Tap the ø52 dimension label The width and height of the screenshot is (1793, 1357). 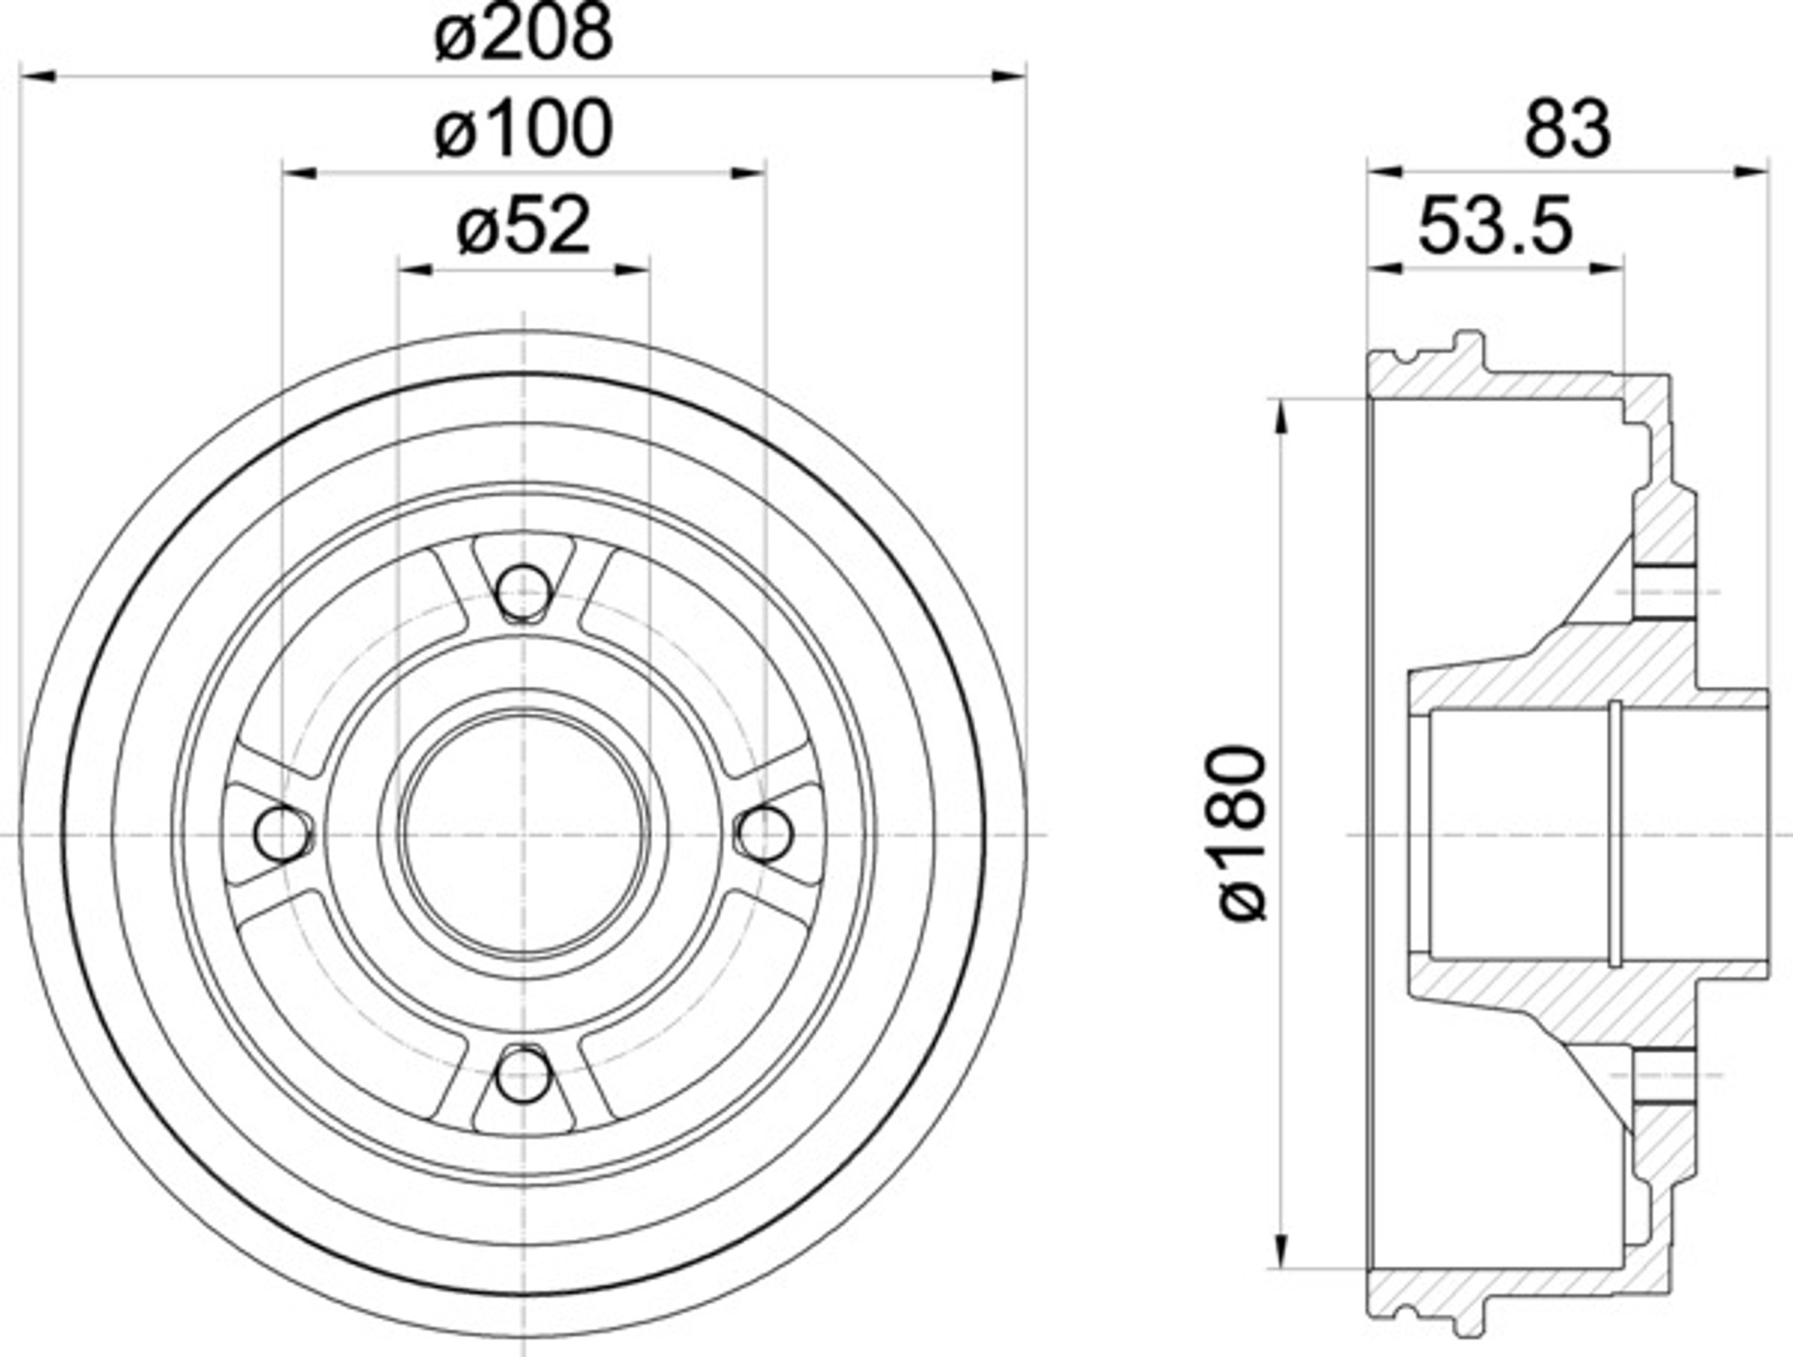524,228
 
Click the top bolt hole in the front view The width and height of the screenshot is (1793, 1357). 523,593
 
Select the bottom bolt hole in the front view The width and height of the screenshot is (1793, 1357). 523,1074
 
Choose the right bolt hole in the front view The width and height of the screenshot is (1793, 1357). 764,833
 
